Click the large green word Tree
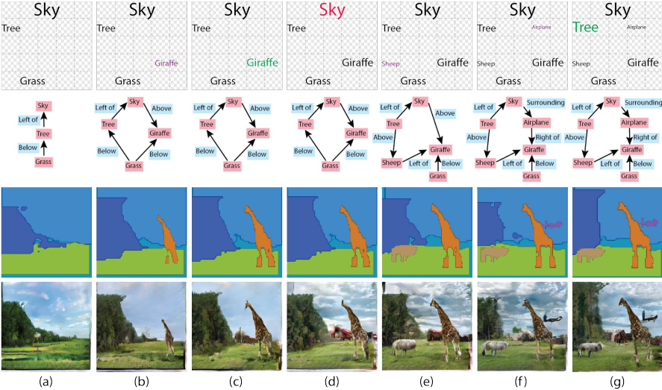click(586, 27)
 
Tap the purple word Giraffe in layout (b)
click(166, 63)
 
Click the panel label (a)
click(46, 382)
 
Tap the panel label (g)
click(617, 382)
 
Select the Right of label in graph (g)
click(645, 137)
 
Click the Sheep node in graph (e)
click(392, 162)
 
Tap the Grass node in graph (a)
click(43, 161)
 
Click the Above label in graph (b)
click(161, 108)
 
